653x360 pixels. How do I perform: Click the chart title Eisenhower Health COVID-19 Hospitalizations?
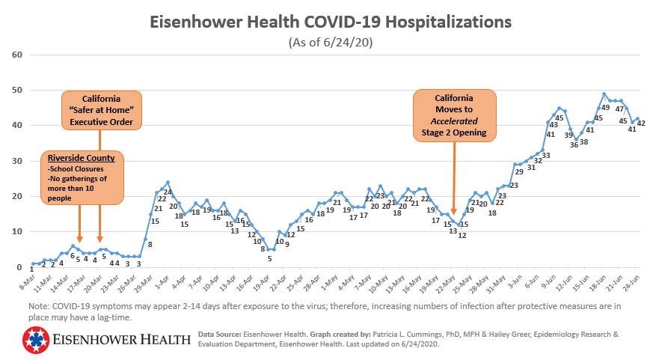pos(330,22)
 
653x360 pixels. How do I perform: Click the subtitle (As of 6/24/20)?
pos(330,43)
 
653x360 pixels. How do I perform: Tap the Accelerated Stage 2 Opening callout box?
pos(454,116)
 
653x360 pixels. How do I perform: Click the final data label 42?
pos(641,123)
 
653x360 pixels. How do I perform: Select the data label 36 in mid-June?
pos(574,145)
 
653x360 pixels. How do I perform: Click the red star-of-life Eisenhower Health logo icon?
pos(34,340)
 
